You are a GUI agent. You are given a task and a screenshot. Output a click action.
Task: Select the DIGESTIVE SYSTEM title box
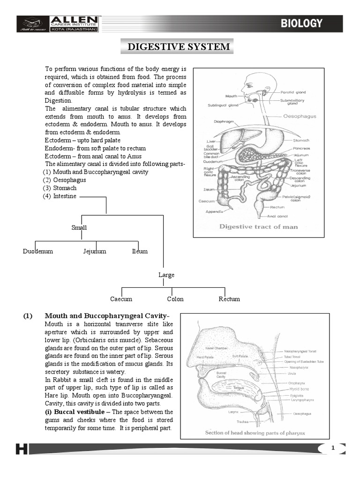[x=176, y=46]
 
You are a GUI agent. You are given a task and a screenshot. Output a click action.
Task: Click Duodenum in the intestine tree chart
[x=38, y=251]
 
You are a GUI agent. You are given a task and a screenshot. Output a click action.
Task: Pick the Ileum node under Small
[x=140, y=251]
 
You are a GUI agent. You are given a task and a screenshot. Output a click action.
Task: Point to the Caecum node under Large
[x=121, y=299]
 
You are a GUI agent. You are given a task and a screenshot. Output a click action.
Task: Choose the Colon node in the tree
[x=175, y=299]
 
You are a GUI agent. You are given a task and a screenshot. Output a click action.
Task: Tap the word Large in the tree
[x=166, y=275]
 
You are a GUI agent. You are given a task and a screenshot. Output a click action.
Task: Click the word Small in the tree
[x=79, y=227]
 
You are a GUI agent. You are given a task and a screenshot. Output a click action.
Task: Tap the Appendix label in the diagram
[x=213, y=211]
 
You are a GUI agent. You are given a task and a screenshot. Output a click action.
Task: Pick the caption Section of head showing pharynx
[x=255, y=433]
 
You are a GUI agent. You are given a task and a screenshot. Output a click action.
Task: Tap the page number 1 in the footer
[x=333, y=449]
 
